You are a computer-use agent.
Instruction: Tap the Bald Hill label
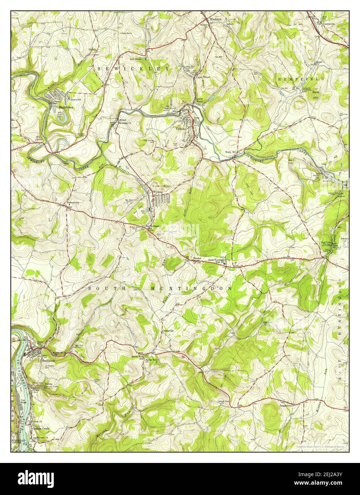click(x=316, y=94)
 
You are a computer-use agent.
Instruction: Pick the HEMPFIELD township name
click(x=301, y=79)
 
